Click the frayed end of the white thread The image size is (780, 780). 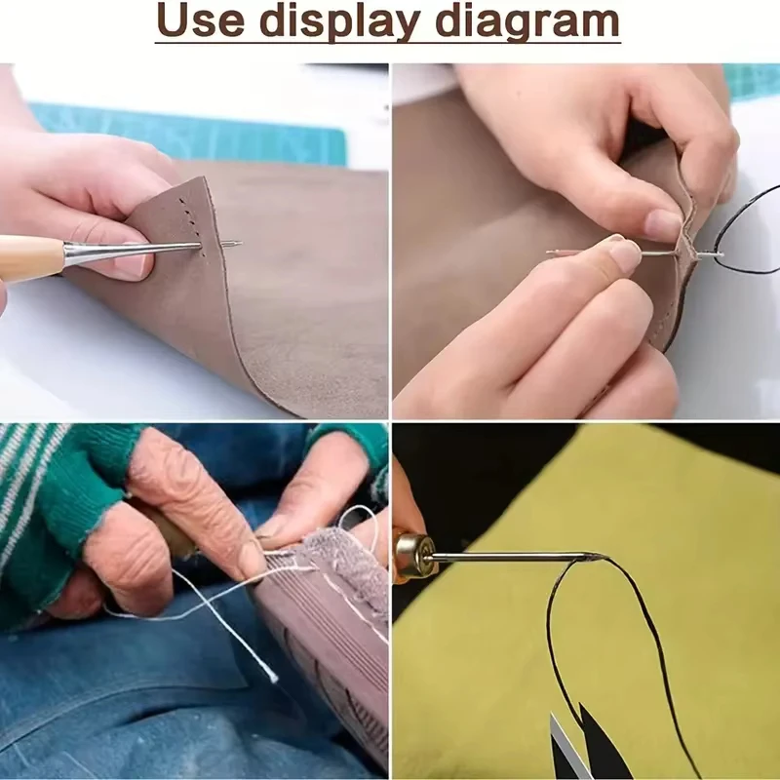272,677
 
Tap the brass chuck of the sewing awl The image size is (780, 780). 412,556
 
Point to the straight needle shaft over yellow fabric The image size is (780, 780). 513,557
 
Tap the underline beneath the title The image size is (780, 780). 387,43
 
